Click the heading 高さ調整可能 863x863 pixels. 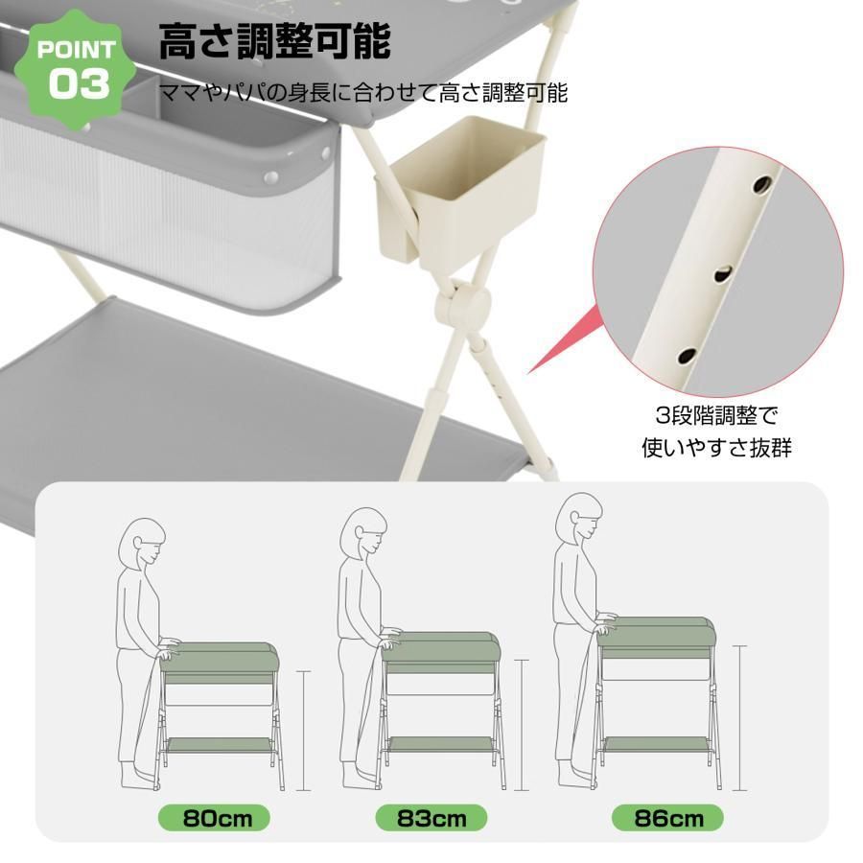pyautogui.click(x=274, y=43)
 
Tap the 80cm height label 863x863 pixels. pyautogui.click(x=213, y=818)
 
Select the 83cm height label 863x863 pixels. pyautogui.click(x=431, y=818)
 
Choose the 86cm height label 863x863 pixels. pyautogui.click(x=668, y=818)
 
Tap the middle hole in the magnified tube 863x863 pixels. pyautogui.click(x=720, y=276)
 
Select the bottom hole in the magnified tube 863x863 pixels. pyautogui.click(x=687, y=356)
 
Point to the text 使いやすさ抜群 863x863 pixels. pyautogui.click(x=716, y=447)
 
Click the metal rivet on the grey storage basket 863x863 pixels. pyautogui.click(x=271, y=178)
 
